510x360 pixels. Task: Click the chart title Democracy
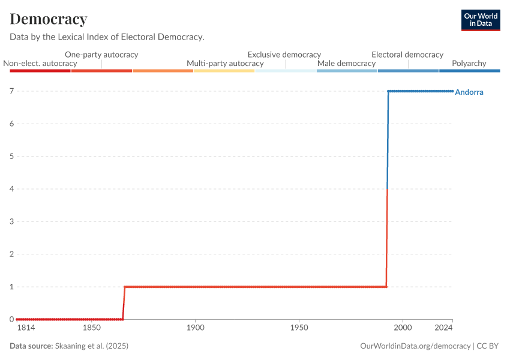pyautogui.click(x=49, y=19)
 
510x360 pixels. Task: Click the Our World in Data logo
pyautogui.click(x=480, y=20)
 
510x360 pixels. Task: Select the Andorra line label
pyautogui.click(x=469, y=92)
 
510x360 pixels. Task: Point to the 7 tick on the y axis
pyautogui.click(x=11, y=91)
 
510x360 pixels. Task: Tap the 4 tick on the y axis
pyautogui.click(x=11, y=189)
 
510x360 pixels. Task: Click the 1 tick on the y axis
pyautogui.click(x=11, y=287)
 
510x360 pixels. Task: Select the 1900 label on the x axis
pyautogui.click(x=196, y=328)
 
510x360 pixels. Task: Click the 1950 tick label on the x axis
pyautogui.click(x=299, y=328)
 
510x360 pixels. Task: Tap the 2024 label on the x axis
pyautogui.click(x=443, y=328)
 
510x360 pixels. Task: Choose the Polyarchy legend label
pyautogui.click(x=469, y=63)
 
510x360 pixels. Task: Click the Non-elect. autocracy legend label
pyautogui.click(x=40, y=63)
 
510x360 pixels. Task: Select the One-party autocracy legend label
pyautogui.click(x=101, y=55)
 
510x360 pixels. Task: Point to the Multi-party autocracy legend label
pyautogui.click(x=225, y=63)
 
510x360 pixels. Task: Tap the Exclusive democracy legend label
pyautogui.click(x=284, y=55)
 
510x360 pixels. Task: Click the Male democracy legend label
pyautogui.click(x=346, y=63)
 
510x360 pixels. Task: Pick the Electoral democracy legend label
pyautogui.click(x=407, y=55)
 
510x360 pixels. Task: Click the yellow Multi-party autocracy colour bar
pyautogui.click(x=224, y=71)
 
